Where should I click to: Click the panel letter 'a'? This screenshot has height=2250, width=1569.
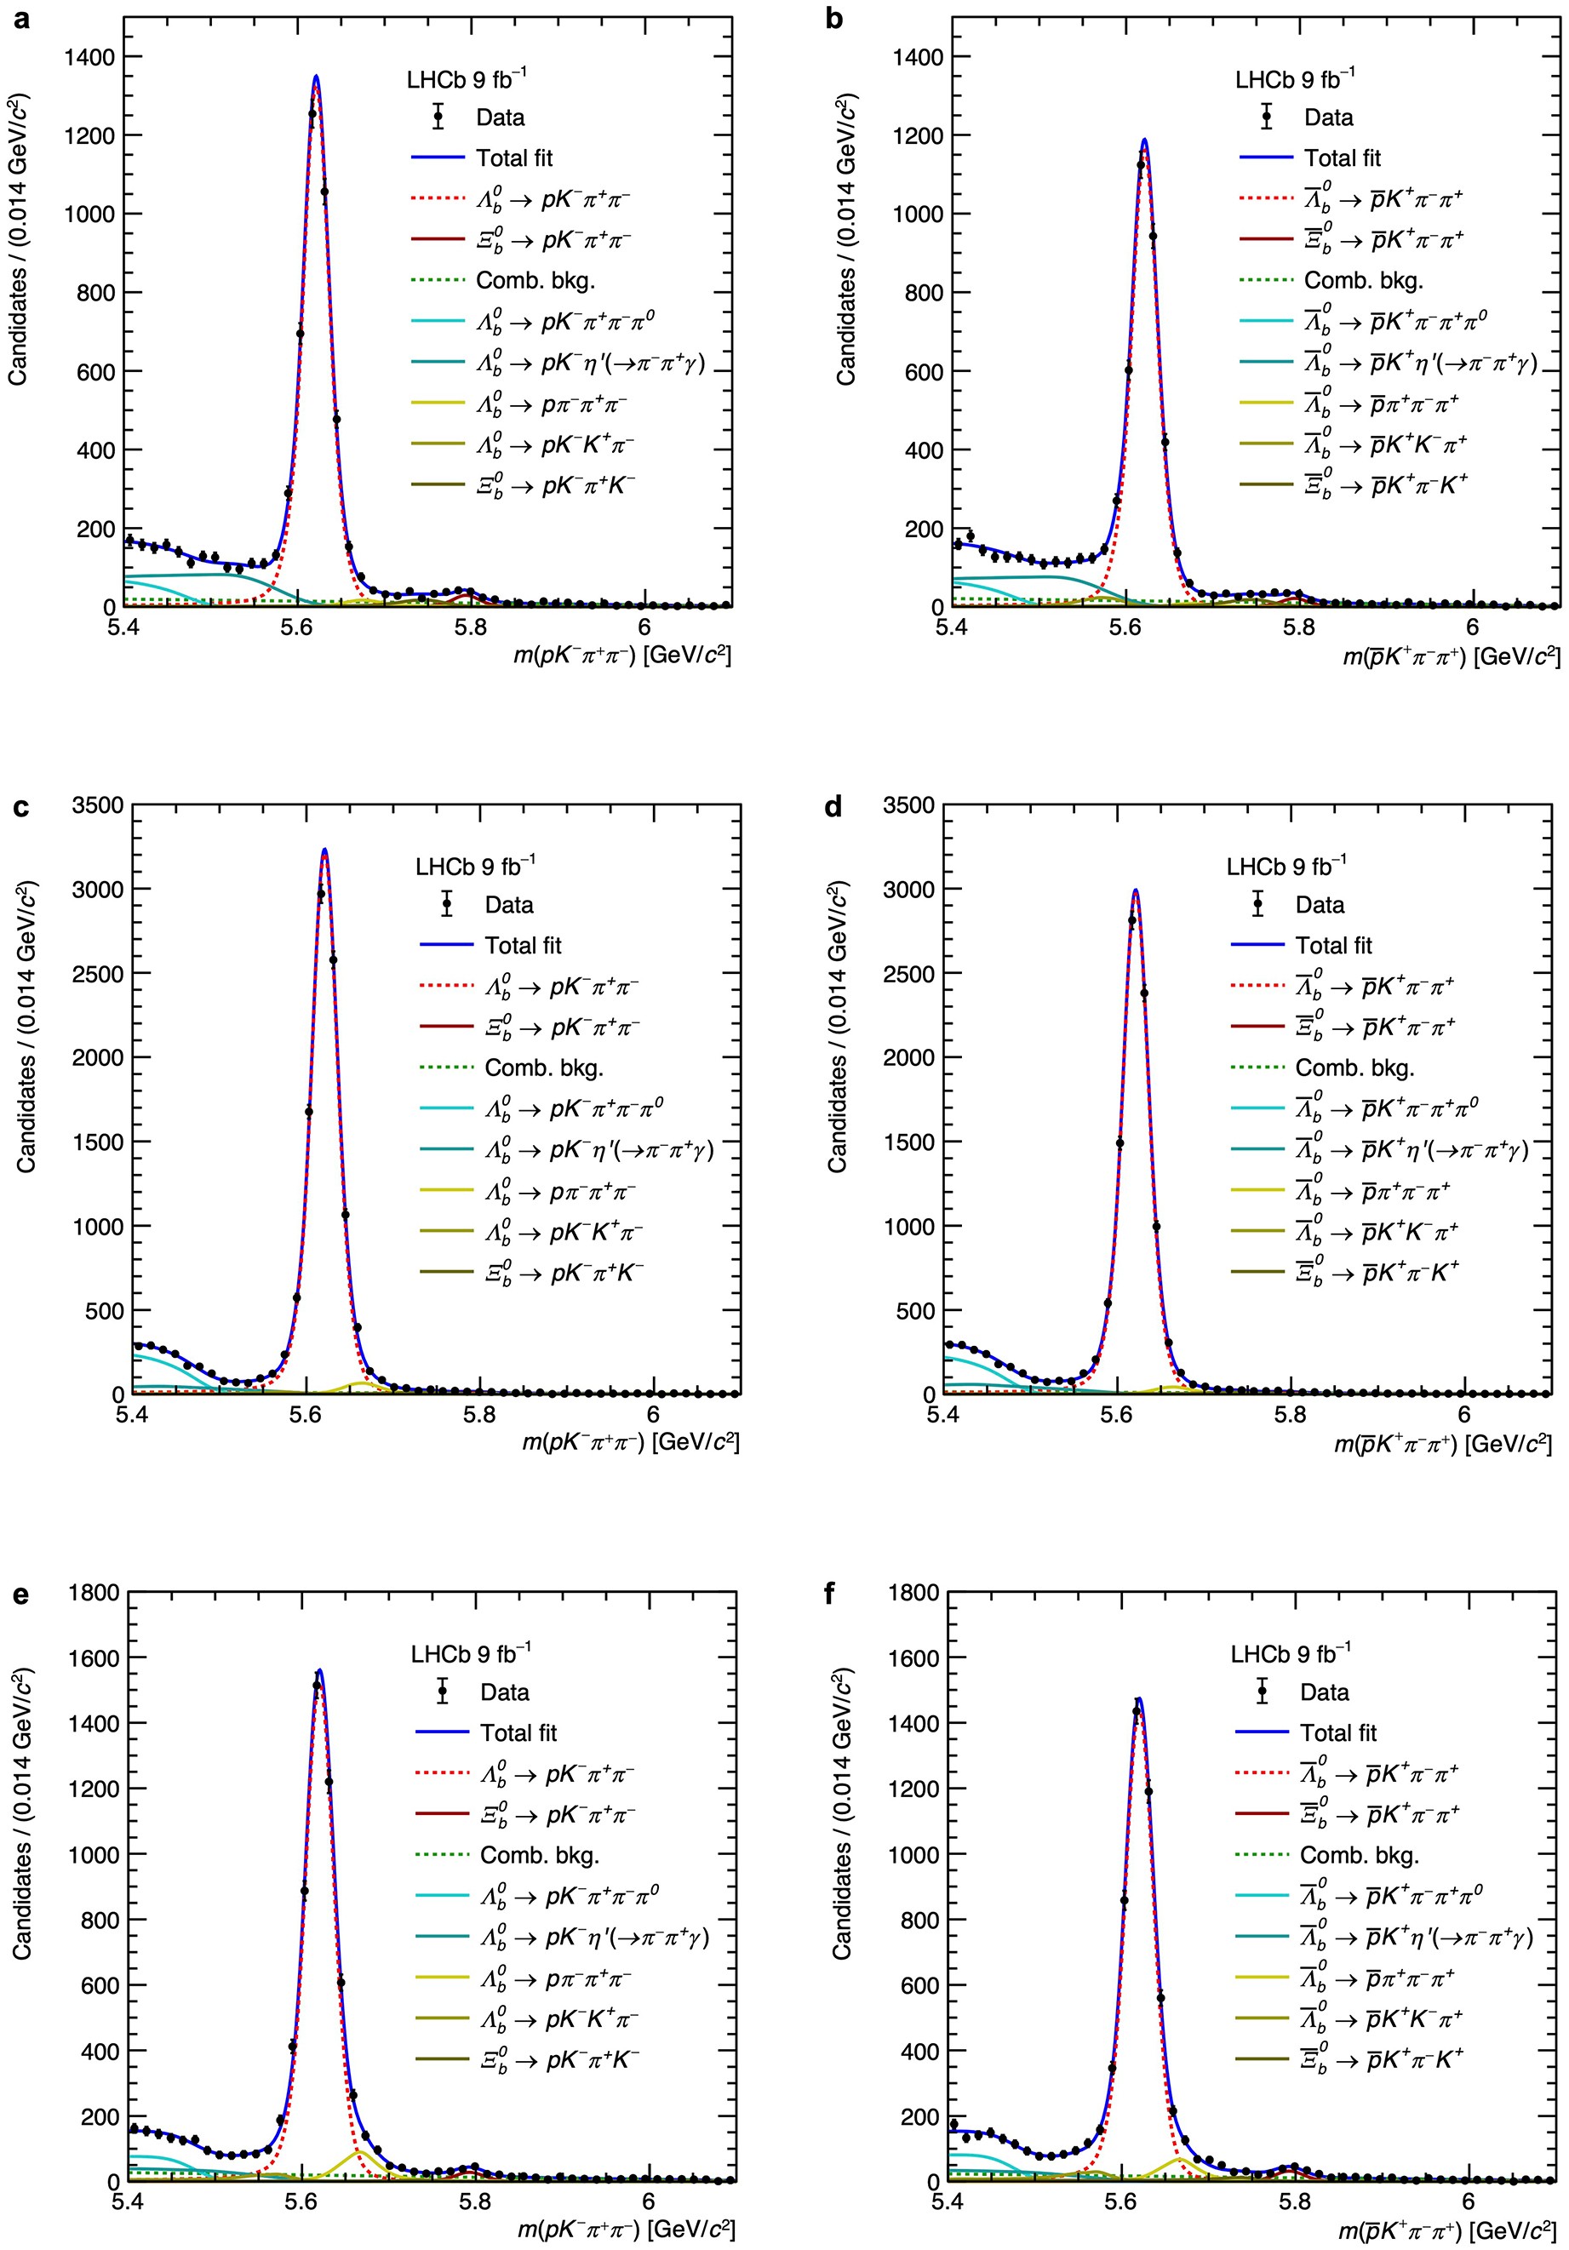coord(20,19)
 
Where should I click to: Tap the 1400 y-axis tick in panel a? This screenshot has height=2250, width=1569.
coord(89,57)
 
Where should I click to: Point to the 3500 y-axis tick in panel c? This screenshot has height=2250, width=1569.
coord(97,805)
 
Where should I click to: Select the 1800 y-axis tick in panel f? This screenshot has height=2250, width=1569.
coord(913,1593)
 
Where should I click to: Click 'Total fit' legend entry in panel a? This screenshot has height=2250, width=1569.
coord(513,157)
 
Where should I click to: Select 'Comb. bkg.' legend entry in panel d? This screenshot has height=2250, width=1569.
coord(1354,1068)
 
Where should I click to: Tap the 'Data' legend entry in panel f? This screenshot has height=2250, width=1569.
coord(1324,1692)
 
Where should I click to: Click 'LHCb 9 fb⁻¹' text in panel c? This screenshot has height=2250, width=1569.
coord(475,867)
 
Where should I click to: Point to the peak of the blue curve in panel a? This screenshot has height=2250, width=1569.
coord(316,77)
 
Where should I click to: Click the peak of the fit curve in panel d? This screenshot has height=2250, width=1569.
coord(1135,890)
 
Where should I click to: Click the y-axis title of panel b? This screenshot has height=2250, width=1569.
coord(845,240)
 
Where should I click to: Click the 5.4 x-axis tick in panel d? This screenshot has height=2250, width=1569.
coord(942,1414)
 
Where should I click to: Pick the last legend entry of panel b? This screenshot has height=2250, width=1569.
coord(1385,485)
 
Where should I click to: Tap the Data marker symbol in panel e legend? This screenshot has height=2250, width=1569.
coord(442,1692)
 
